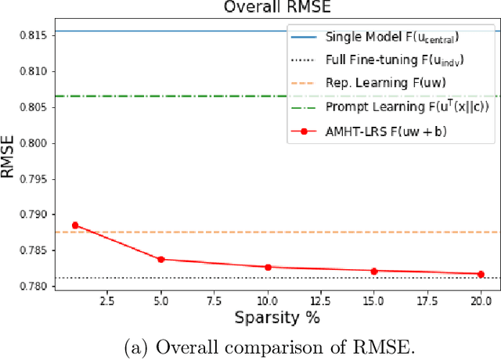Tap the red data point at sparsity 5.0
click(161, 259)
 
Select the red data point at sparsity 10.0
click(268, 267)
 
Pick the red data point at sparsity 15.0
click(374, 271)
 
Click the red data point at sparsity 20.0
click(481, 274)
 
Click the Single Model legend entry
click(391, 36)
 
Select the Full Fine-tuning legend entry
click(391, 59)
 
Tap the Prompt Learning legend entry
click(391, 106)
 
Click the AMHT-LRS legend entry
click(384, 131)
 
